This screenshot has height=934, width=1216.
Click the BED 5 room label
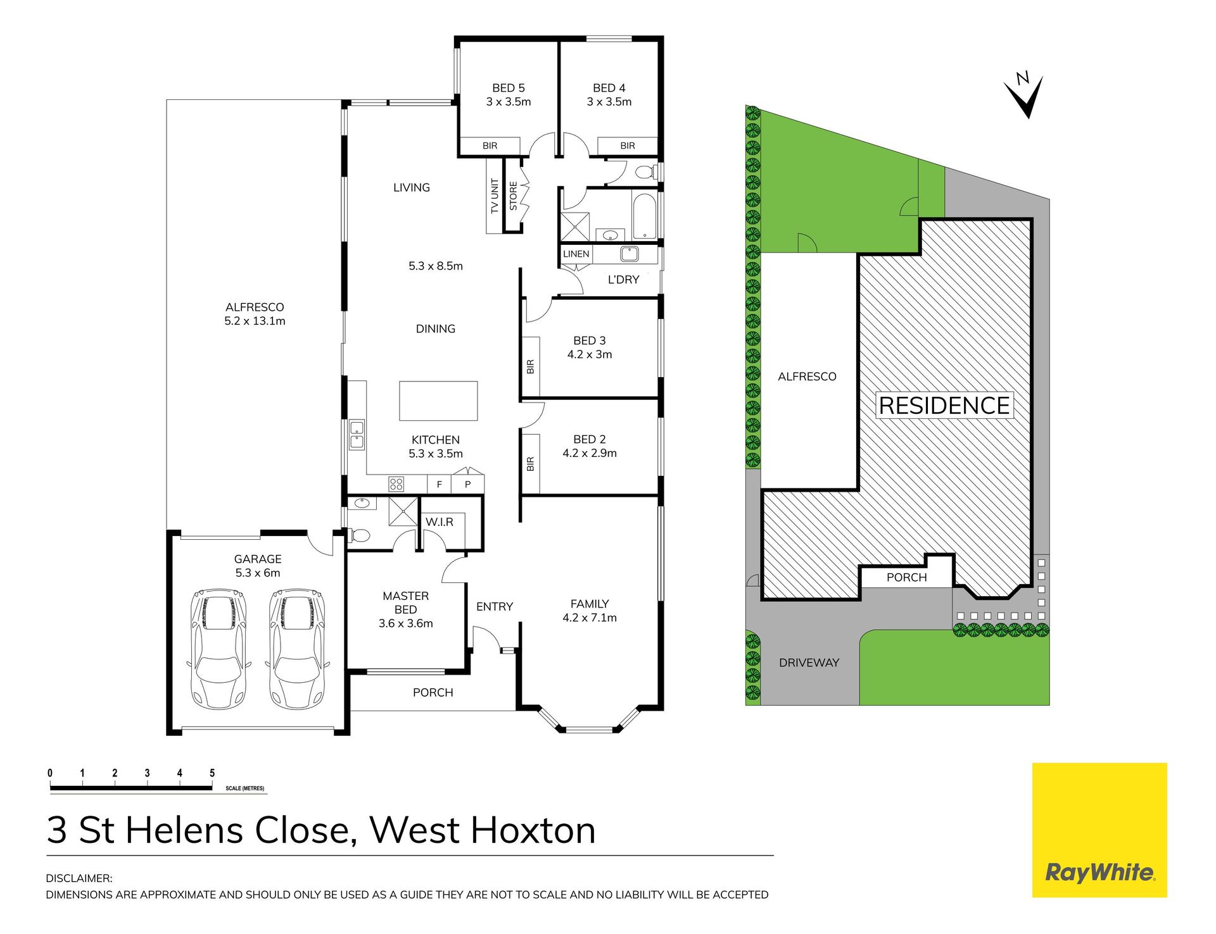(508, 88)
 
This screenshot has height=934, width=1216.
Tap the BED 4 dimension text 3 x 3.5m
(609, 102)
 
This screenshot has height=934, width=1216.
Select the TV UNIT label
(495, 196)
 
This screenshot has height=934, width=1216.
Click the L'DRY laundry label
(623, 280)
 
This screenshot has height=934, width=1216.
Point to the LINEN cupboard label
(576, 254)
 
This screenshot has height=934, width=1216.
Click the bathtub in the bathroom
(645, 216)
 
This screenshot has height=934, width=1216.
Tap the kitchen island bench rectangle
(438, 401)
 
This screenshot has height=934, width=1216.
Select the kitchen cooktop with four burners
(396, 484)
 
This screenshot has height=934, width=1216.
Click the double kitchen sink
(357, 435)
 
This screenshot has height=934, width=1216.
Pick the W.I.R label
(439, 522)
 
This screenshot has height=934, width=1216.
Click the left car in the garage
(218, 649)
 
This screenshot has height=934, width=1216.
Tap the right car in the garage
(297, 649)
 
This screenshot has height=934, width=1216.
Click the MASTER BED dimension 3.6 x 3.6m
(405, 623)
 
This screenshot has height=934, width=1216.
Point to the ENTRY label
(494, 607)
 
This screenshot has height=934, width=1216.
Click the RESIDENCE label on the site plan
(944, 406)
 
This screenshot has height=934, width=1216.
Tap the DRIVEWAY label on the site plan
(809, 663)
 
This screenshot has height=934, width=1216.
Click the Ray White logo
(1099, 830)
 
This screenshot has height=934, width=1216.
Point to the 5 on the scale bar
(212, 773)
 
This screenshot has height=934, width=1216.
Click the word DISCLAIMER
(79, 878)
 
